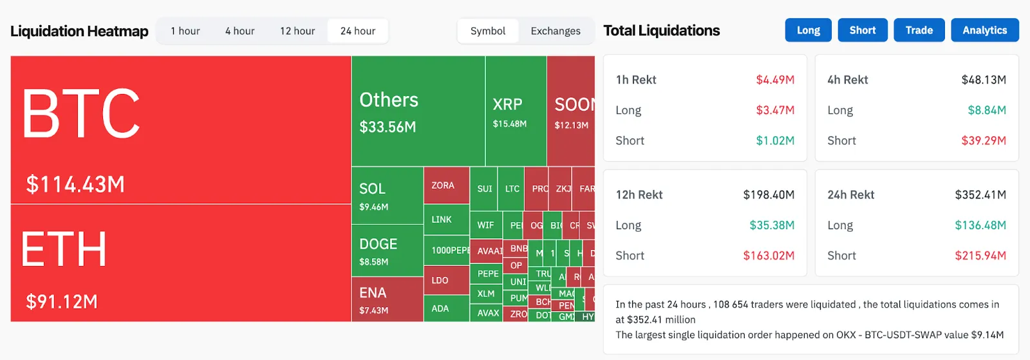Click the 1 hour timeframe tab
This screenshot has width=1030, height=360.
pyautogui.click(x=185, y=31)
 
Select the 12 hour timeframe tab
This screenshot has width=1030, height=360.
pyautogui.click(x=297, y=31)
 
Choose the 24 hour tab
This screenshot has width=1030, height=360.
pyautogui.click(x=357, y=31)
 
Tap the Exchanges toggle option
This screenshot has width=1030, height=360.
pyautogui.click(x=555, y=31)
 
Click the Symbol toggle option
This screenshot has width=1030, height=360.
pyautogui.click(x=487, y=31)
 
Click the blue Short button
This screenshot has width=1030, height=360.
pyautogui.click(x=862, y=30)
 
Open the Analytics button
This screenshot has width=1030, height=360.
pyautogui.click(x=984, y=30)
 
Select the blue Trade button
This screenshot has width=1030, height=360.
pyautogui.click(x=919, y=30)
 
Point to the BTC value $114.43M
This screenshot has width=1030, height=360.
pyautogui.click(x=75, y=185)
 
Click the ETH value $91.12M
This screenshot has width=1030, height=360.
pyautogui.click(x=62, y=301)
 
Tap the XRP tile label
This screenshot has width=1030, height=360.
pyautogui.click(x=507, y=104)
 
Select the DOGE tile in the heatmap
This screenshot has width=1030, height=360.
pyautogui.click(x=387, y=251)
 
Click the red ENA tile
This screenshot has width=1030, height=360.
pyautogui.click(x=387, y=299)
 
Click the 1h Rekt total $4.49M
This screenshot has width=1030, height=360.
pyautogui.click(x=774, y=80)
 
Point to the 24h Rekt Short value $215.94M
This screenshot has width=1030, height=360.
pyautogui.click(x=980, y=256)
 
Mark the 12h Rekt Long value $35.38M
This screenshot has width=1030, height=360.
pyautogui.click(x=771, y=225)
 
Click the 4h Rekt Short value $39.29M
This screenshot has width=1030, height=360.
pyautogui.click(x=983, y=140)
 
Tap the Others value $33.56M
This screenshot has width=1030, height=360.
pyautogui.click(x=388, y=128)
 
